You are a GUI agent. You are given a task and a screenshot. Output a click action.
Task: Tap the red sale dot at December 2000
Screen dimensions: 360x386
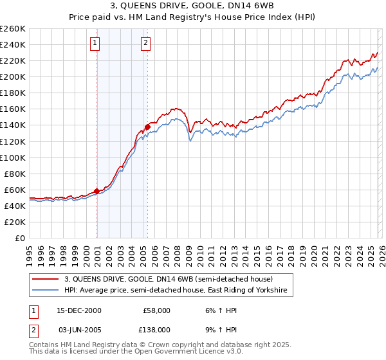[x=97, y=191]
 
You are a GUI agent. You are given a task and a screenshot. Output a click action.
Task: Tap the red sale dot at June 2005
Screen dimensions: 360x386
[x=147, y=127]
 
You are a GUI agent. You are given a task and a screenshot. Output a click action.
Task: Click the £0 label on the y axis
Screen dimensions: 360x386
[x=21, y=238]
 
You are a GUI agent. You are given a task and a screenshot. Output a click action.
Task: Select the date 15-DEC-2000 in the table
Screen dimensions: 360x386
[x=79, y=310]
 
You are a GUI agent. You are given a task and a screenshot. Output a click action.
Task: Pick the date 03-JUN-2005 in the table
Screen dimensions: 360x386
[x=79, y=329]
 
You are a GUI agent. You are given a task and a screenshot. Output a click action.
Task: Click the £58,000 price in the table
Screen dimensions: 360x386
[x=157, y=310]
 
